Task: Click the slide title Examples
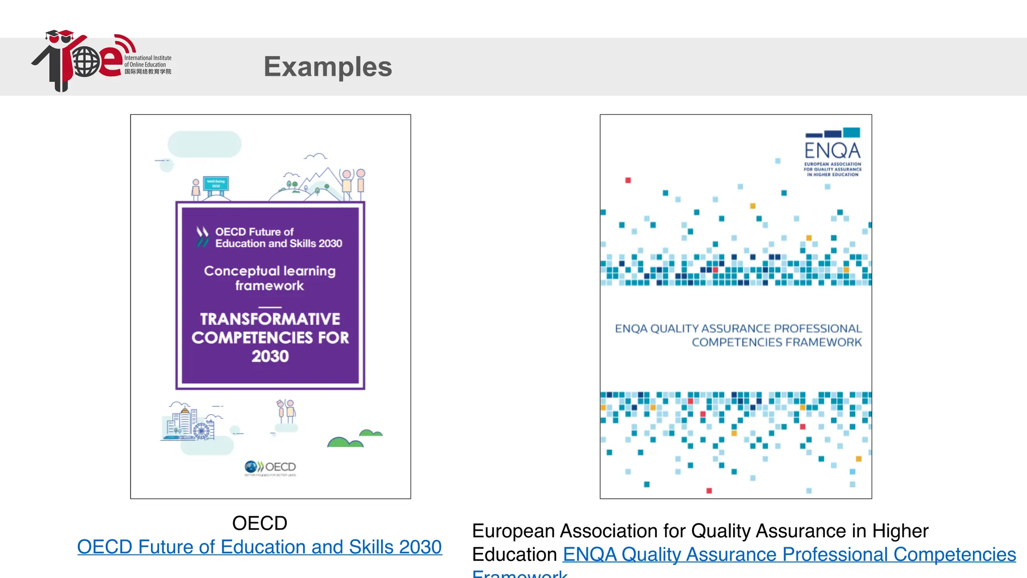[327, 67]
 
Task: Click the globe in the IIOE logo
[86, 62]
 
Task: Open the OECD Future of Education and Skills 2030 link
[259, 547]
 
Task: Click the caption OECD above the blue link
[259, 523]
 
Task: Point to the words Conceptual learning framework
[270, 278]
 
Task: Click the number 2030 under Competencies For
[270, 356]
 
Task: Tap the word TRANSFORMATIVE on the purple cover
[270, 319]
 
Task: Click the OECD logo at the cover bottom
[270, 468]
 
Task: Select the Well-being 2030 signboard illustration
[216, 184]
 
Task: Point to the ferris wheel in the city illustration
[202, 430]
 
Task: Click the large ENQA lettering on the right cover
[832, 151]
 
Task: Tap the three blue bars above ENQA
[832, 133]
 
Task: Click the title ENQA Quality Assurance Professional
[738, 329]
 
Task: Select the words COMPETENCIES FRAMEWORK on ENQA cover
[776, 342]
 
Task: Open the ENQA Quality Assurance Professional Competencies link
[789, 555]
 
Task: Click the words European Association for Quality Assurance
[700, 531]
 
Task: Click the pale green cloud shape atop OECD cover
[205, 144]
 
